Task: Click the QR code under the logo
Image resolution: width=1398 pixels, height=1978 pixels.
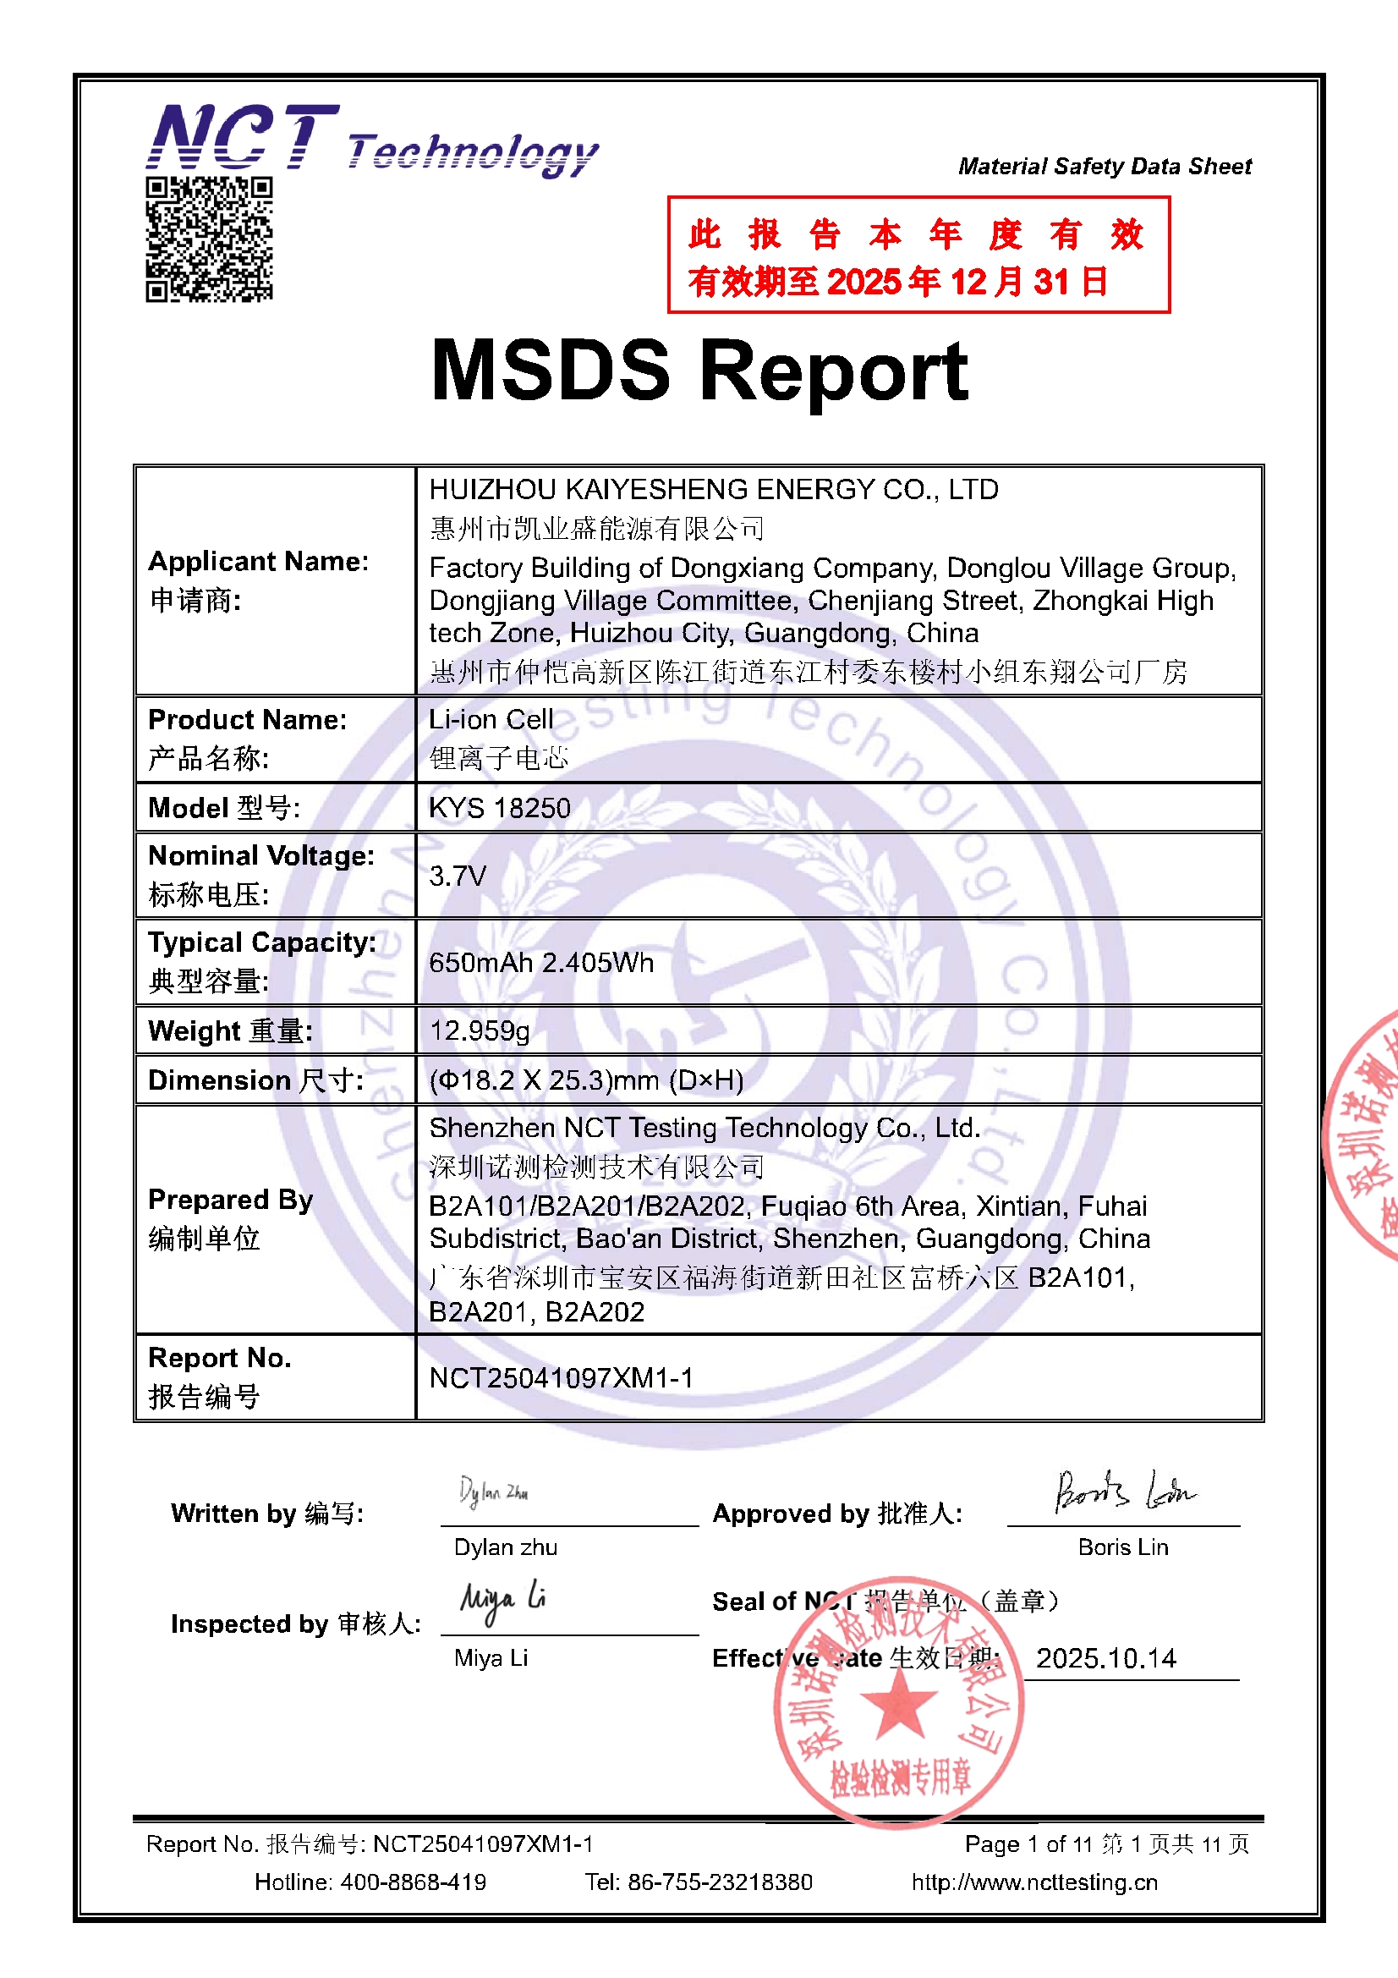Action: pos(209,239)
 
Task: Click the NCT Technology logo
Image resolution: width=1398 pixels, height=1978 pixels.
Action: pos(372,140)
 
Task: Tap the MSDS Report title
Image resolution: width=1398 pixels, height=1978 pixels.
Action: pos(699,371)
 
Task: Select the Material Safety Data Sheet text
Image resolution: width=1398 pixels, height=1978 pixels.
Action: pos(1105,167)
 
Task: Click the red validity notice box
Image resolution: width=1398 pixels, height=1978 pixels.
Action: pos(918,255)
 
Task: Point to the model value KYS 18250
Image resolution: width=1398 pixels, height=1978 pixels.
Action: pos(500,808)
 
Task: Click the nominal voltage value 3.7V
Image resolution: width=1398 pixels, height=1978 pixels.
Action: pos(458,876)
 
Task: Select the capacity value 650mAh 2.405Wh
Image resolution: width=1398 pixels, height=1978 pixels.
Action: pos(541,962)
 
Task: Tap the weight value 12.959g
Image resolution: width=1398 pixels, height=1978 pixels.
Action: pos(479,1030)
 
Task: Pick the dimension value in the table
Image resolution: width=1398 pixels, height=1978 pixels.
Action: pos(586,1080)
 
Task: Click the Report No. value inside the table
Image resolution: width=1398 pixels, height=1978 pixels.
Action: pos(561,1378)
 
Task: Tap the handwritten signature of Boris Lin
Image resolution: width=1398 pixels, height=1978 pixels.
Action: pos(1123,1492)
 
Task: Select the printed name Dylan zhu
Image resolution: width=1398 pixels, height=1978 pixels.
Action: pos(506,1547)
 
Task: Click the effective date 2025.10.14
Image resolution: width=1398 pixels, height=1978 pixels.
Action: pos(1106,1658)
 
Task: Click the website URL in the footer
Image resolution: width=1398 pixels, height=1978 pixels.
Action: pos(1034,1882)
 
